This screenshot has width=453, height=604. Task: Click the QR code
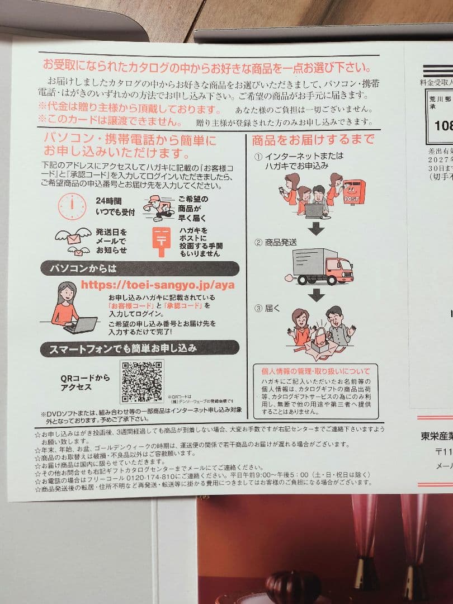click(142, 382)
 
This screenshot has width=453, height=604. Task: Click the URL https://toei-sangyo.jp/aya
click(158, 284)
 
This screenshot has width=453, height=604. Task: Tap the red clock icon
click(72, 206)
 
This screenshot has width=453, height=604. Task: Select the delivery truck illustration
click(322, 266)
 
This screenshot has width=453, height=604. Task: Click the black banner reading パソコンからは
click(140, 268)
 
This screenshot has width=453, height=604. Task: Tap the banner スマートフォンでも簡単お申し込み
click(140, 348)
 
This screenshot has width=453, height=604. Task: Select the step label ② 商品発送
click(275, 242)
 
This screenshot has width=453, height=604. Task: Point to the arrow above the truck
click(317, 228)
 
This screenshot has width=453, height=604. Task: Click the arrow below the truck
click(317, 295)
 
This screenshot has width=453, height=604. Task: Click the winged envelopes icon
click(73, 240)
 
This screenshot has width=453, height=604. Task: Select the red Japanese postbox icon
click(161, 241)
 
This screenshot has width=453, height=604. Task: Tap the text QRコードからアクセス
click(85, 382)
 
